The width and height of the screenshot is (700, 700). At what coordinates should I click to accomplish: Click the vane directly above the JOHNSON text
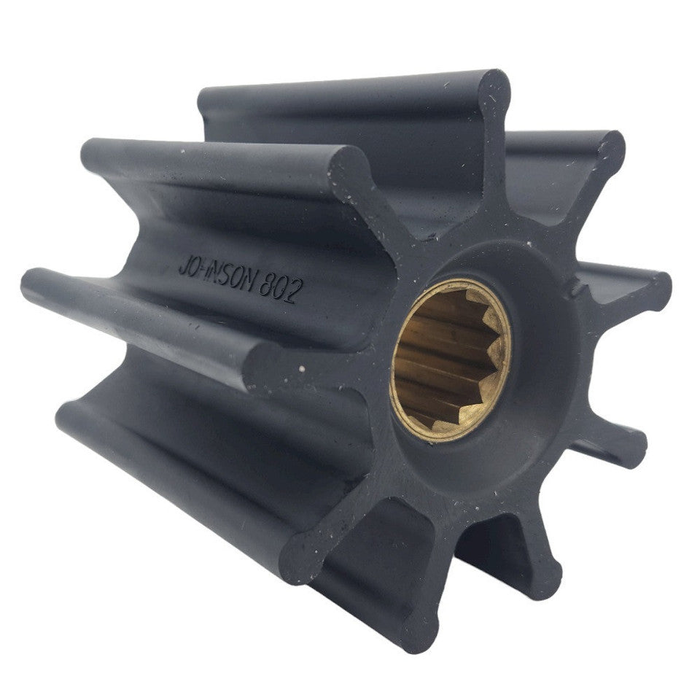[x=219, y=157]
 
